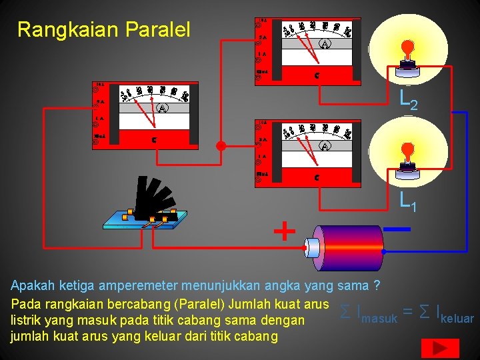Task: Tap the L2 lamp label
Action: tap(409, 100)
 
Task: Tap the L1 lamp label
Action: tap(409, 199)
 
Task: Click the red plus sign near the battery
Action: tap(285, 231)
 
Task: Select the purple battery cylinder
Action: tap(351, 247)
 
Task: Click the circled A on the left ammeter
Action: tap(162, 108)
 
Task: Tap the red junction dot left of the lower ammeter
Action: tap(225, 145)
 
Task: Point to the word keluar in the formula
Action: tap(456, 318)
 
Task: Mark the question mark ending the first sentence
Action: tap(377, 285)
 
